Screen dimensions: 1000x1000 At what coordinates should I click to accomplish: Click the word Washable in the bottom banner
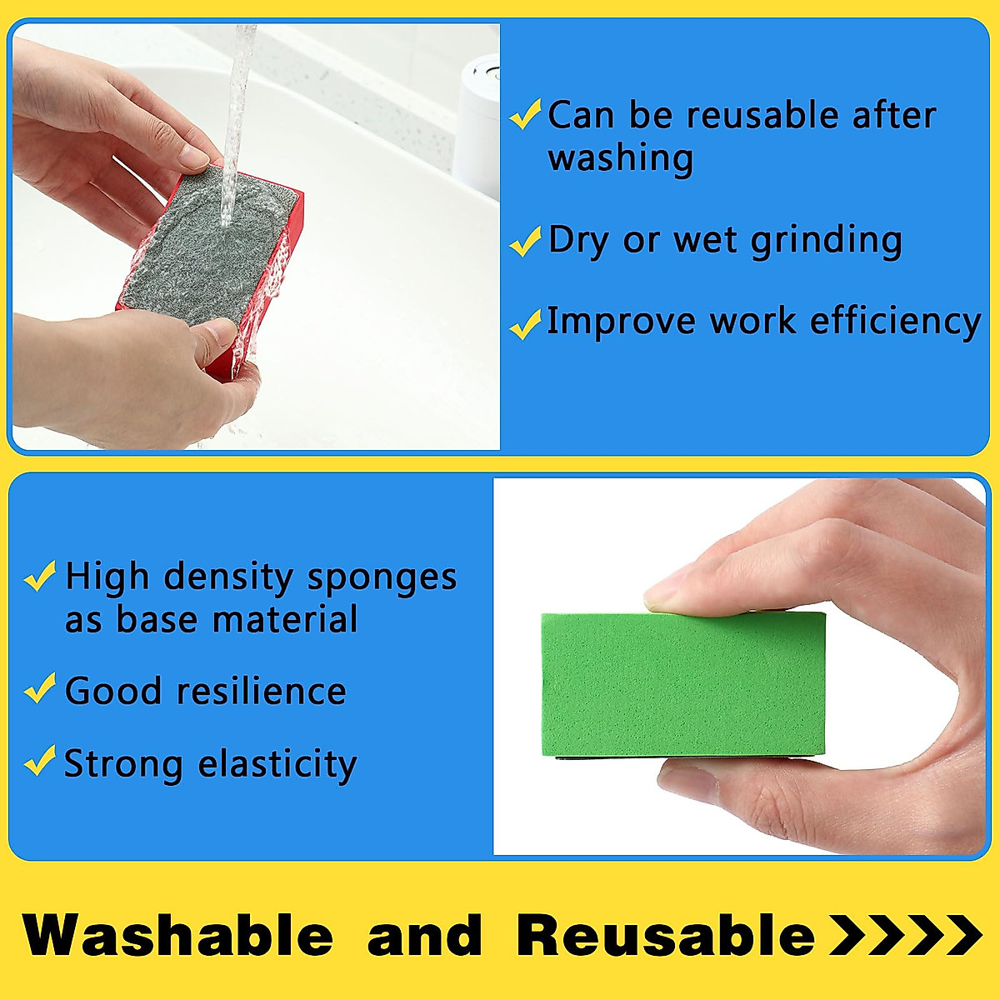(178, 935)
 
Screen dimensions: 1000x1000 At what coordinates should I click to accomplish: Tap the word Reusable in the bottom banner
(665, 935)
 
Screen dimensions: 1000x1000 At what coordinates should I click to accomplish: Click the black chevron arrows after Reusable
(906, 935)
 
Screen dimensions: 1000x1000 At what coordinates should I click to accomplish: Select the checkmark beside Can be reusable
(525, 115)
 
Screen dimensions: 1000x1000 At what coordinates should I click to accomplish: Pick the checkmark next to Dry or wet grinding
(525, 242)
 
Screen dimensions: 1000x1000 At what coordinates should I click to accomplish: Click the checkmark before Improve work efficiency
(525, 323)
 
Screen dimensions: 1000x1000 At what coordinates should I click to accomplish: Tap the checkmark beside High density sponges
(40, 576)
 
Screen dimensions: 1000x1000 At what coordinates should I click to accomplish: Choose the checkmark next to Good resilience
(40, 689)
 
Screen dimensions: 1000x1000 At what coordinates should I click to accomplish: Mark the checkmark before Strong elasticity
(40, 762)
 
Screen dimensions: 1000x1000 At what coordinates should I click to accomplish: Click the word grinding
(826, 242)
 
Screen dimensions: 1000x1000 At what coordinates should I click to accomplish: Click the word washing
(620, 158)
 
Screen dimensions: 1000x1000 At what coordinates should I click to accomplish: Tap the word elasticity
(277, 764)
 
